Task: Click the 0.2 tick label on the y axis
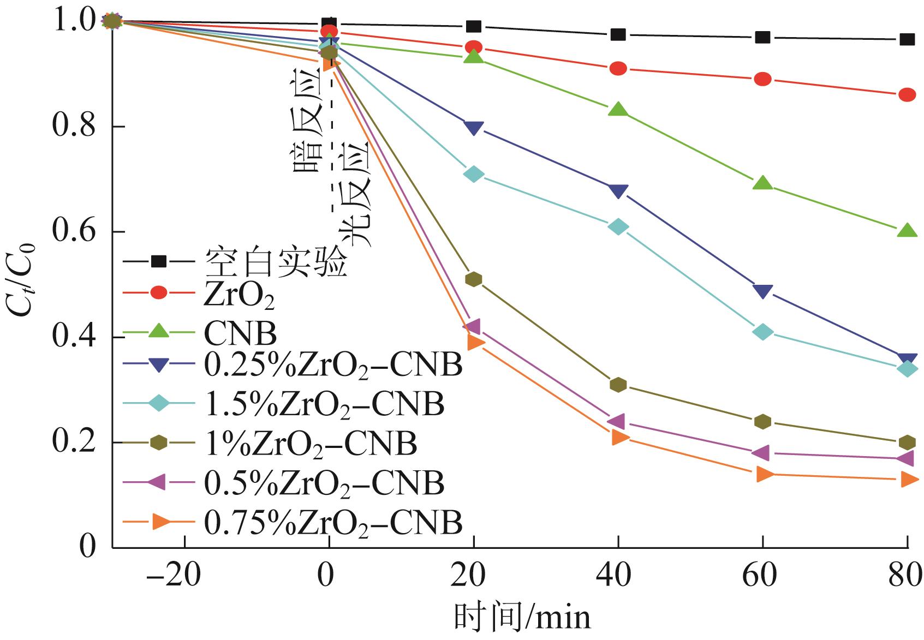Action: (73, 442)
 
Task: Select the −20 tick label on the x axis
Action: (175, 576)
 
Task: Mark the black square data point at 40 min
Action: (618, 34)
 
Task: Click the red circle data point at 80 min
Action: (907, 95)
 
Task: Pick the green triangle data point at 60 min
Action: (762, 183)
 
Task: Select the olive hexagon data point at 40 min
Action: (618, 385)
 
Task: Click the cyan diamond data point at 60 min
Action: (762, 332)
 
